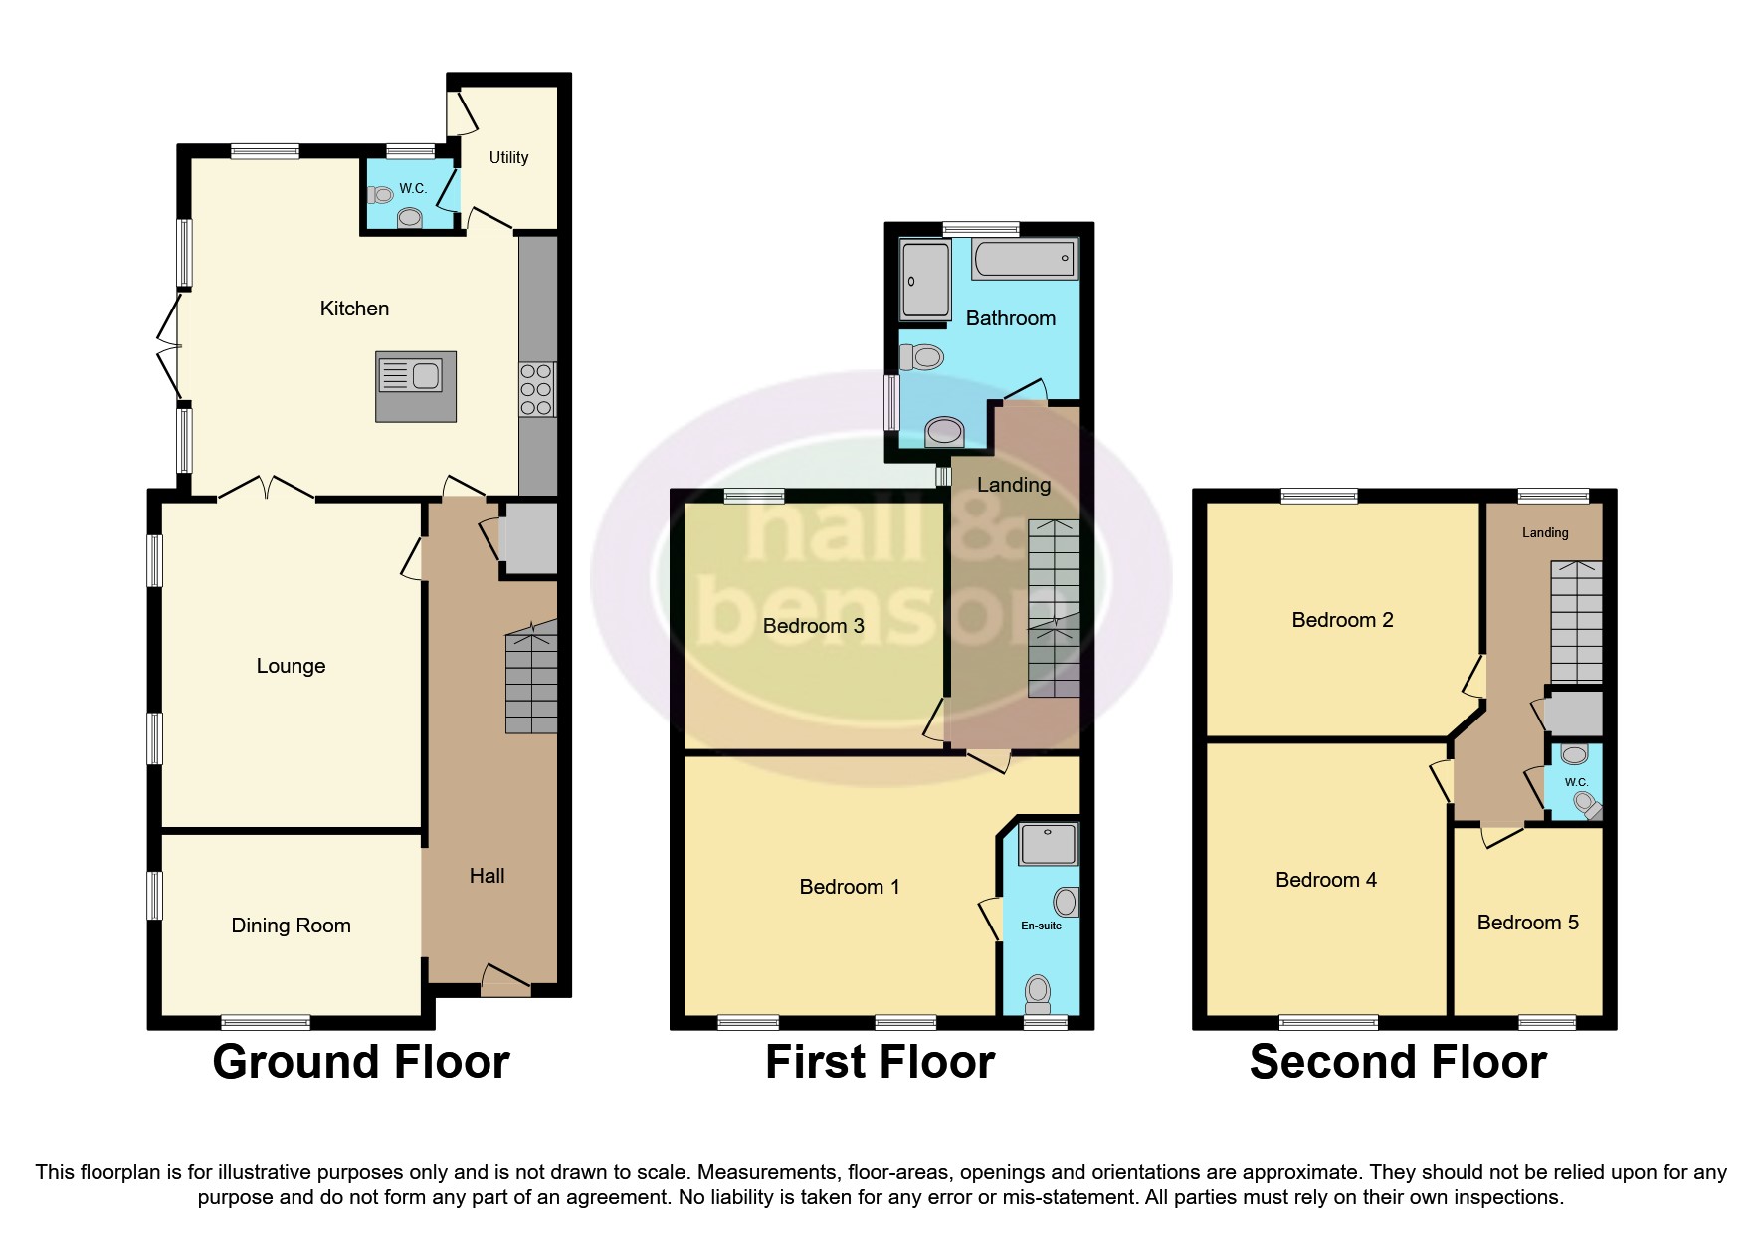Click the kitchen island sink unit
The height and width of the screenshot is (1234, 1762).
pyautogui.click(x=416, y=385)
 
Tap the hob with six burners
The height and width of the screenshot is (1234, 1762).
pyautogui.click(x=537, y=389)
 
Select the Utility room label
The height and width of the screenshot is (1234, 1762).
pyautogui.click(x=508, y=157)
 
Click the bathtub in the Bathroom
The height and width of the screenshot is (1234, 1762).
pyautogui.click(x=1025, y=259)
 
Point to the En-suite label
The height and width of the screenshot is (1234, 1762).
pyautogui.click(x=1041, y=925)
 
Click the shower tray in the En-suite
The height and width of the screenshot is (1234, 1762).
pyautogui.click(x=1047, y=843)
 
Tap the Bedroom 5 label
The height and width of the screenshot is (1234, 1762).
pyautogui.click(x=1527, y=923)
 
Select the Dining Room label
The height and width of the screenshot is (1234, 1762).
pyautogui.click(x=291, y=925)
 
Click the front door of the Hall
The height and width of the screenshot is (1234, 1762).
pyautogui.click(x=505, y=980)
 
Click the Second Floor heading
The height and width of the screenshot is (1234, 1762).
pyautogui.click(x=1398, y=1062)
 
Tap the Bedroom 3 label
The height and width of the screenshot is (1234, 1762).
pyautogui.click(x=813, y=626)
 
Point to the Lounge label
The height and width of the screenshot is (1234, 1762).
pyautogui.click(x=291, y=666)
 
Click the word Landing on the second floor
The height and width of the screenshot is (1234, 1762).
pyautogui.click(x=1544, y=533)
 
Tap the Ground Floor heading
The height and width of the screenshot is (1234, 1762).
pyautogui.click(x=361, y=1062)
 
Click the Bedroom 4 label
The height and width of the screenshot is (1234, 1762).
pyautogui.click(x=1325, y=880)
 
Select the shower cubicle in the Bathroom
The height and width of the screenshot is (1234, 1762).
pyautogui.click(x=924, y=280)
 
